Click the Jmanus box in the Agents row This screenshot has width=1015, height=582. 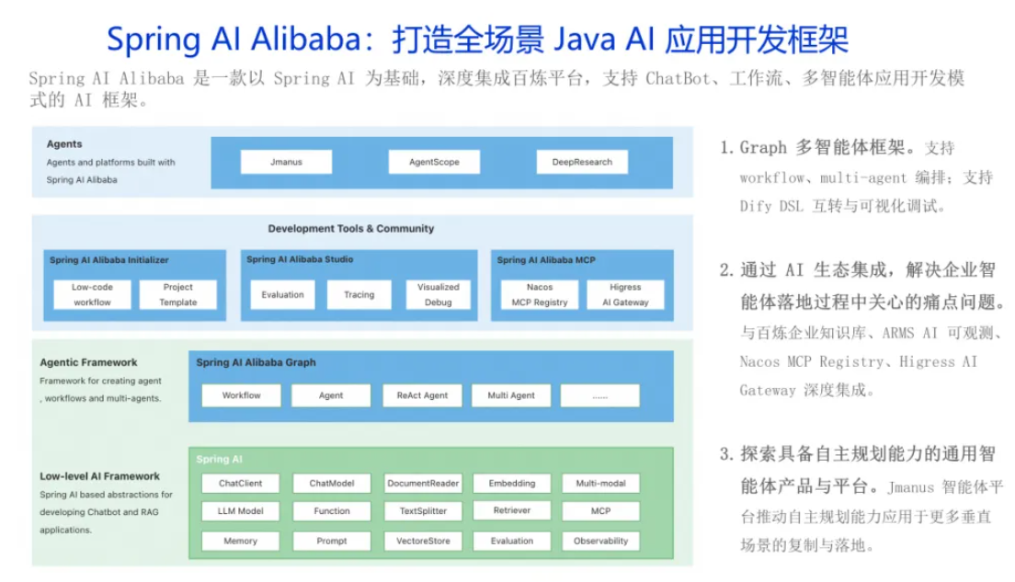[x=286, y=162]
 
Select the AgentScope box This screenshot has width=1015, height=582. [x=434, y=162]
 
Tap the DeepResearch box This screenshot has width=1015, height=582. [x=582, y=162]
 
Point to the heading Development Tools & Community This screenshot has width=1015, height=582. [x=351, y=229]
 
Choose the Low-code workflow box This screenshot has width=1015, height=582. [x=93, y=294]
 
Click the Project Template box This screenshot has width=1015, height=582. [x=178, y=294]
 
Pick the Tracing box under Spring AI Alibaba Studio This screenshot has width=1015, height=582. [x=359, y=294]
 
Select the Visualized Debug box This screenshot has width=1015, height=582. [x=439, y=294]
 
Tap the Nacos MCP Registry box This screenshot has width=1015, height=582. [x=540, y=294]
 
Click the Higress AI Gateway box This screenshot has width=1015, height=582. [x=625, y=294]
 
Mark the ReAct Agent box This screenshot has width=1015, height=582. [x=422, y=395]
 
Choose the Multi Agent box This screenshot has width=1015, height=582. [x=511, y=395]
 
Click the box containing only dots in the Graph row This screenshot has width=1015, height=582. [x=600, y=395]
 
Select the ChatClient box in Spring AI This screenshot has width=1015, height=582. [x=241, y=484]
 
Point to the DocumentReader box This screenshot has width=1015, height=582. [x=423, y=484]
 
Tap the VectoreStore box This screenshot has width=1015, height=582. [x=423, y=542]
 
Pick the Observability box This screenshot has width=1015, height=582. [x=600, y=542]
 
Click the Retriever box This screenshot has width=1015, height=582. [x=512, y=511]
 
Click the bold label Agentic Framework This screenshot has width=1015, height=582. [x=88, y=362]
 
